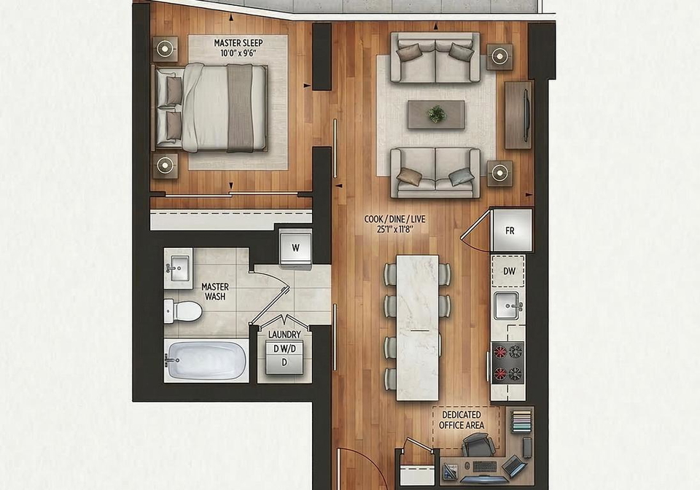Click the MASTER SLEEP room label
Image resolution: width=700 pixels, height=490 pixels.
click(x=238, y=43)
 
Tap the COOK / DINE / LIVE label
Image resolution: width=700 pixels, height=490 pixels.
click(x=395, y=219)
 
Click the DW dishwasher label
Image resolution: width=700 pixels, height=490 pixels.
click(x=510, y=271)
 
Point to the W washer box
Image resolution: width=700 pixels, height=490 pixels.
click(x=295, y=248)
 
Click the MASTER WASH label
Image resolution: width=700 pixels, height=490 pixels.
click(x=214, y=292)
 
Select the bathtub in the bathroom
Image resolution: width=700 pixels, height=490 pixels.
click(x=206, y=360)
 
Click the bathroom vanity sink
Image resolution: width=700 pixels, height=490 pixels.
click(x=179, y=268)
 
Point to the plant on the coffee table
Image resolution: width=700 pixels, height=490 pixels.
click(x=436, y=114)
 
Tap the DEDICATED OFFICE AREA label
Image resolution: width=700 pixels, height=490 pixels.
click(x=462, y=420)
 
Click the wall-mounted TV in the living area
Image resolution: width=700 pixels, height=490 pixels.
click(x=526, y=114)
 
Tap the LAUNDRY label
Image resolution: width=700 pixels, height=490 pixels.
click(x=284, y=335)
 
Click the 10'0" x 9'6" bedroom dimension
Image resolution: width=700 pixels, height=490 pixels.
click(x=238, y=53)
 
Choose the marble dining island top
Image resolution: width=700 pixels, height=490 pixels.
click(x=417, y=328)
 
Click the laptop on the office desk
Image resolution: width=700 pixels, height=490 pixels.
click(x=513, y=465)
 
